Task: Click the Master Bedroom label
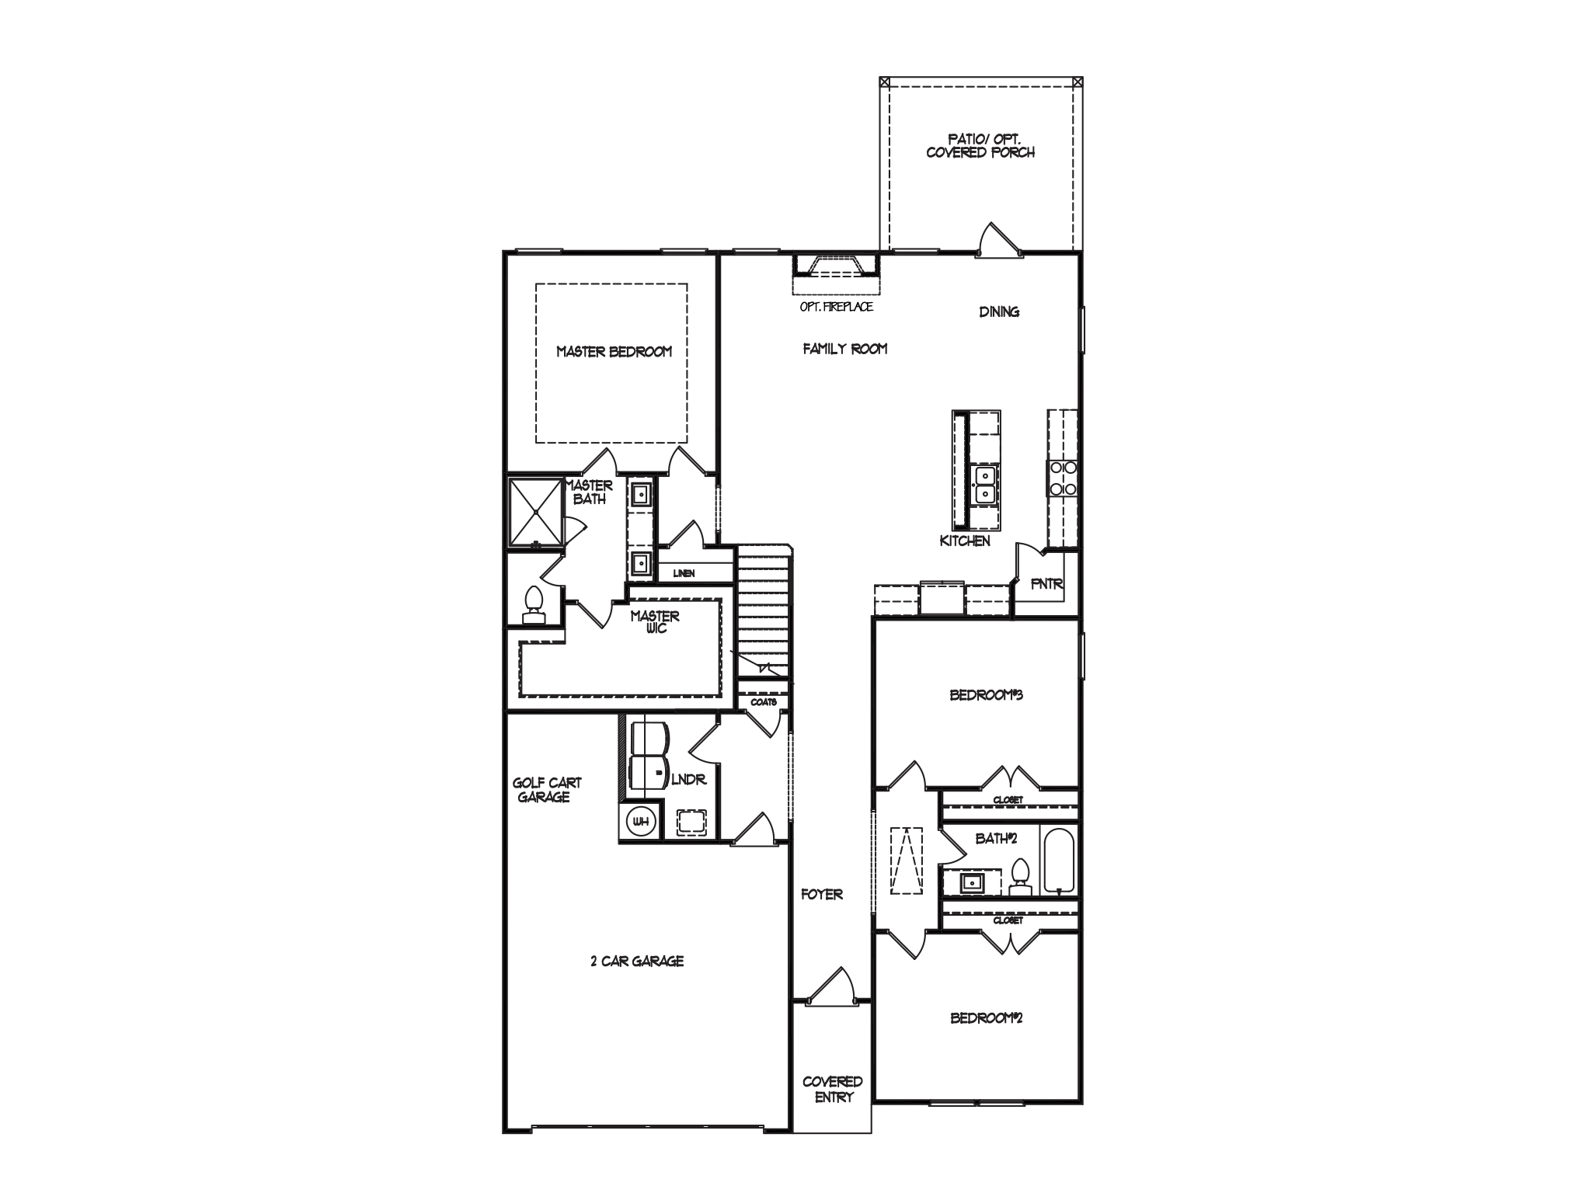click(x=614, y=352)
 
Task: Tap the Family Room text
click(x=844, y=350)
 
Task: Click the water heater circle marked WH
click(x=641, y=821)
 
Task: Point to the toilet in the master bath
click(x=533, y=603)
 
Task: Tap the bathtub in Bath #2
click(x=1058, y=862)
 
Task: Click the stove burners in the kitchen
click(x=1062, y=478)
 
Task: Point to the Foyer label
click(x=822, y=895)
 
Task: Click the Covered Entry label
click(x=832, y=1089)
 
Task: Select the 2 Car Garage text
click(x=637, y=961)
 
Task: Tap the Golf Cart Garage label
click(x=546, y=790)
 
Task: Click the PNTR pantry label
click(x=1046, y=584)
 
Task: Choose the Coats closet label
click(x=763, y=701)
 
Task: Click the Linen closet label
click(x=684, y=573)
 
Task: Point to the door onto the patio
click(x=997, y=241)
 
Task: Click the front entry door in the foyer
click(x=830, y=986)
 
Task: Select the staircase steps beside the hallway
click(x=763, y=606)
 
